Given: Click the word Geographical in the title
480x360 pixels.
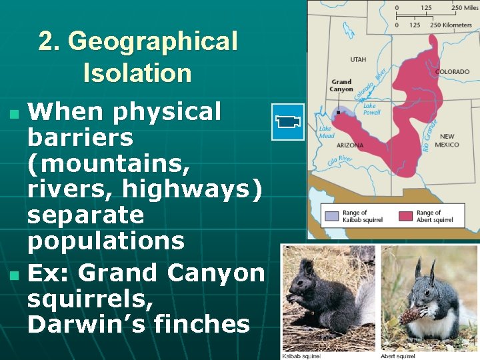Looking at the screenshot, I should pos(153,41).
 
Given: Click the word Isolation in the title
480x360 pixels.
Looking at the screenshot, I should pos(137,72).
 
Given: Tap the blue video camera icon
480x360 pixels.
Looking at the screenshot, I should pos(288,121).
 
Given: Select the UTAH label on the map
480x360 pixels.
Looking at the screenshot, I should pos(358,60).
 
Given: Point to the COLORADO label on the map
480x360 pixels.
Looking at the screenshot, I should pos(452,72).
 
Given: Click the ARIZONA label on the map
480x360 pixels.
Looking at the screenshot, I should pos(350,145).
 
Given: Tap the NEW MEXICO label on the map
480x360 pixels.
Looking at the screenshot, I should pos(447,141).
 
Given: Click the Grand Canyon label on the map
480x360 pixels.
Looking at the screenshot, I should pos(341,86).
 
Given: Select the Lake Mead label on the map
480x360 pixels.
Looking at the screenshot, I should pos(325,132).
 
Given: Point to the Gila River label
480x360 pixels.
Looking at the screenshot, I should pos(339,160).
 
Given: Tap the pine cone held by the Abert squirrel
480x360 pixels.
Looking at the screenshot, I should pos(409,313).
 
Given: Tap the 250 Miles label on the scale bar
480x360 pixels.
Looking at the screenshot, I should pos(465,7).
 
